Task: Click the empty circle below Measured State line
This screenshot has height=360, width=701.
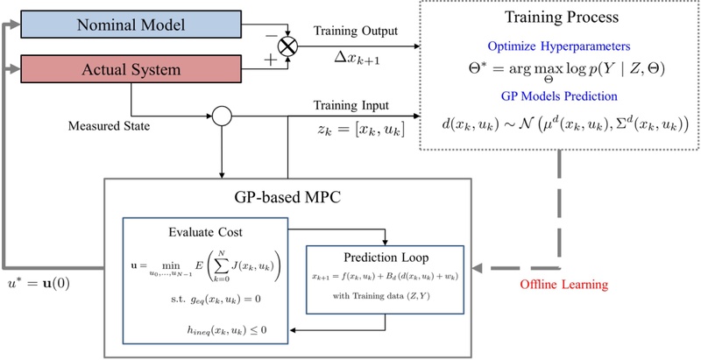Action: [x=219, y=114]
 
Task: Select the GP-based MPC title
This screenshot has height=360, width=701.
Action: [x=287, y=196]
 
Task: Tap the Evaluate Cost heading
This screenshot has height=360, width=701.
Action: [x=204, y=232]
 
